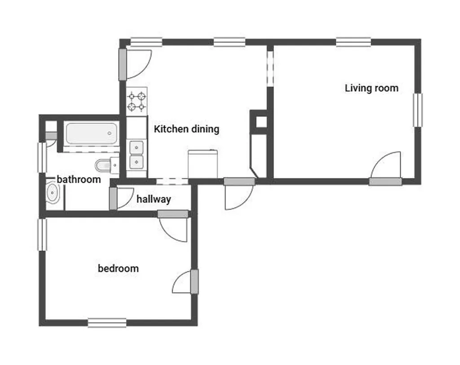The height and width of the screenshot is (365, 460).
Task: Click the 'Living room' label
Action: pyautogui.click(x=372, y=88)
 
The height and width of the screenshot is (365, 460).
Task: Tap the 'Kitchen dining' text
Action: pyautogui.click(x=186, y=129)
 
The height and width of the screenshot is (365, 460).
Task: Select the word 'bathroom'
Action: pyautogui.click(x=79, y=179)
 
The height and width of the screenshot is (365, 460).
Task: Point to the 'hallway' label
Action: pyautogui.click(x=154, y=200)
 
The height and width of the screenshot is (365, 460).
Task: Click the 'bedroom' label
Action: pyautogui.click(x=118, y=268)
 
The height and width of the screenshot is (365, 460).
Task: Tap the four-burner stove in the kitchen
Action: pyautogui.click(x=137, y=101)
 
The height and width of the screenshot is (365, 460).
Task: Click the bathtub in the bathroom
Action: pyautogui.click(x=92, y=134)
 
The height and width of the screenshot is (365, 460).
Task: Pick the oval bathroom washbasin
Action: pyautogui.click(x=53, y=193)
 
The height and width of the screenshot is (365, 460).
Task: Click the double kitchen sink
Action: pyautogui.click(x=137, y=155)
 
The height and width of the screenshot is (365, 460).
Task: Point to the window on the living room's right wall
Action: pyautogui.click(x=418, y=110)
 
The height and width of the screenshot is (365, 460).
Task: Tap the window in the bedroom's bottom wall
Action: pyautogui.click(x=107, y=323)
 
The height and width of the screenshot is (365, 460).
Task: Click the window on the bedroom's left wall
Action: pyautogui.click(x=42, y=235)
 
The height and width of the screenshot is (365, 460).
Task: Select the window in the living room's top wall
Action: pyautogui.click(x=354, y=42)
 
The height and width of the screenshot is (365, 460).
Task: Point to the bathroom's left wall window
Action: pyautogui.click(x=42, y=157)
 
